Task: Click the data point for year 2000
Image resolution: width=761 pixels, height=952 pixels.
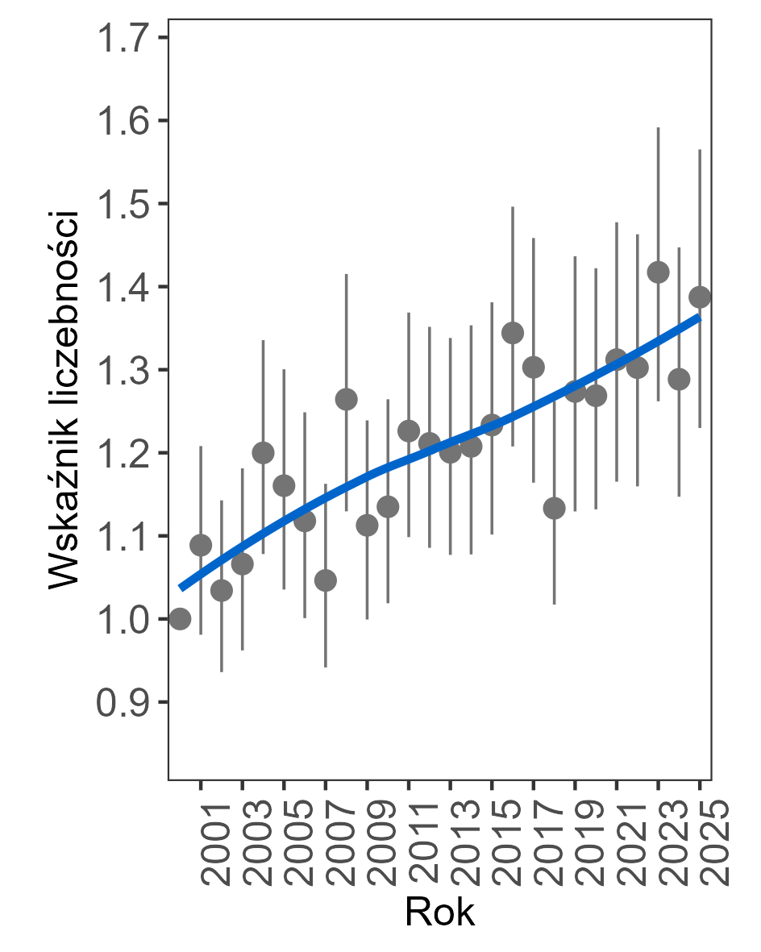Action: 180,618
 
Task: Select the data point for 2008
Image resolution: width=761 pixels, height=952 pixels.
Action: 347,399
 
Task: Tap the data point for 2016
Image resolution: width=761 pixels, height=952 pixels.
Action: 513,333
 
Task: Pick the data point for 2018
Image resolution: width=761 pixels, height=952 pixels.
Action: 554,508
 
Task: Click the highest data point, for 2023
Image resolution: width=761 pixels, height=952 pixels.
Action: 658,272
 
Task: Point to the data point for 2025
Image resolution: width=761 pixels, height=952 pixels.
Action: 700,297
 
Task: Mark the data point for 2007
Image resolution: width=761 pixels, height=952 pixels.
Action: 326,580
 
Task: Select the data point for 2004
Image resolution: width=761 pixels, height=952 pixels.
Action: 263,452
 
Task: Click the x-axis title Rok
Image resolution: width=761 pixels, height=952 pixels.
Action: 439,913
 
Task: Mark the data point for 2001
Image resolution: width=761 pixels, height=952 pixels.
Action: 201,546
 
